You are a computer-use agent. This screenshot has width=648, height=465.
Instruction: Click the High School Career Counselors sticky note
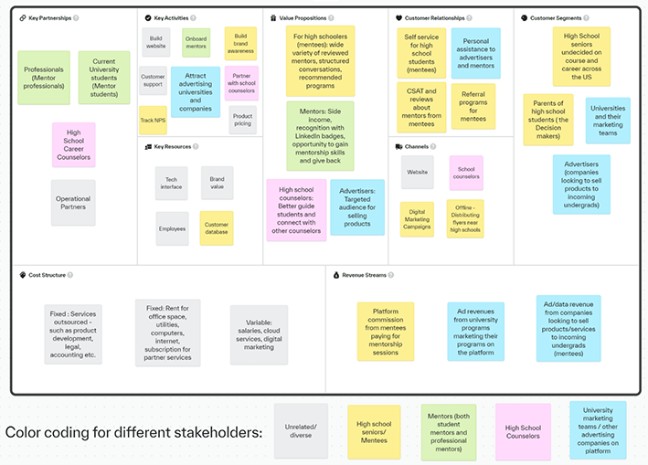coord(73,144)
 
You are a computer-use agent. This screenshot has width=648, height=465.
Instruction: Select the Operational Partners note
coord(73,203)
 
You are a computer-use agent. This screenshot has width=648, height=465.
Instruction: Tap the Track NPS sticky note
coord(154,120)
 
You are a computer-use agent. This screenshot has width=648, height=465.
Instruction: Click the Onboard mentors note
coord(196,43)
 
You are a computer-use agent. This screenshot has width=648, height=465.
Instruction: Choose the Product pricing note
coord(242,120)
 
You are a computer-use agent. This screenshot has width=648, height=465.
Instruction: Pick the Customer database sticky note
coord(217,228)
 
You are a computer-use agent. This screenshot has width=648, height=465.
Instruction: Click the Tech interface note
coord(172,183)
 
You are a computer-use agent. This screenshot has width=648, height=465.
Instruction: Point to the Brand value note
coord(217,183)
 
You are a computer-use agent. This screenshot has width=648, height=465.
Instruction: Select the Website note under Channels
coord(418,172)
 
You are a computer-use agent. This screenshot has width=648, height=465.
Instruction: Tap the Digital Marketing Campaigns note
coord(418,219)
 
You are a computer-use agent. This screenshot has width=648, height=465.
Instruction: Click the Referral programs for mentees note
coord(473,106)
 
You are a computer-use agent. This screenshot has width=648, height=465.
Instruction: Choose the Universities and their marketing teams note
coord(608,121)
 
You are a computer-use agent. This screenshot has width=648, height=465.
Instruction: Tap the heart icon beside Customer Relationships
coord(399,17)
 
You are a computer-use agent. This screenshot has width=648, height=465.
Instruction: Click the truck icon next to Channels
coord(399,146)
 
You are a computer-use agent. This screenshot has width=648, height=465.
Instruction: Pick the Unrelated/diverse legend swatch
coord(302,429)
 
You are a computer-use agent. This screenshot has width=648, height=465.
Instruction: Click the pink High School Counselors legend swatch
coord(524,429)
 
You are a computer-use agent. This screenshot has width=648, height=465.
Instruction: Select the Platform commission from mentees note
coord(386,331)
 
